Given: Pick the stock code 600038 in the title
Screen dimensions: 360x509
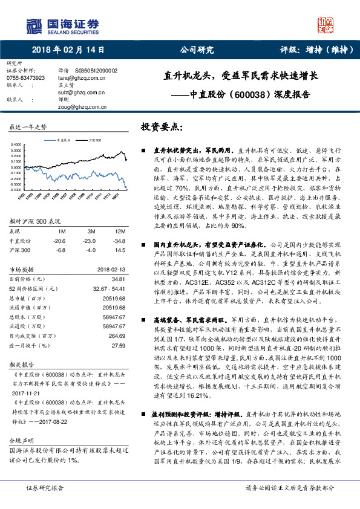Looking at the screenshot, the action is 247,94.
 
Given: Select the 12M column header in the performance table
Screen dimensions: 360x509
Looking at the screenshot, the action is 120,232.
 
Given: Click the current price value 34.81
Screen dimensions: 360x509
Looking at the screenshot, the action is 118,279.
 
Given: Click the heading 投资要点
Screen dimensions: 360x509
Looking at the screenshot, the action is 161,128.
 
